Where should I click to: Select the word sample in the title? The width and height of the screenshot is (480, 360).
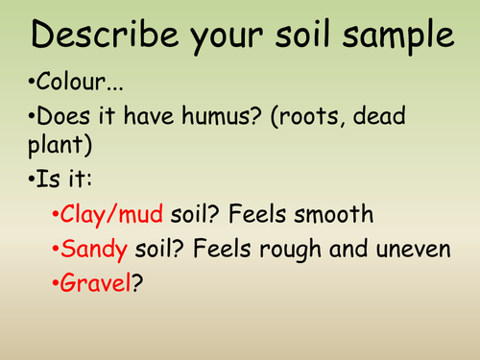click(395, 36)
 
